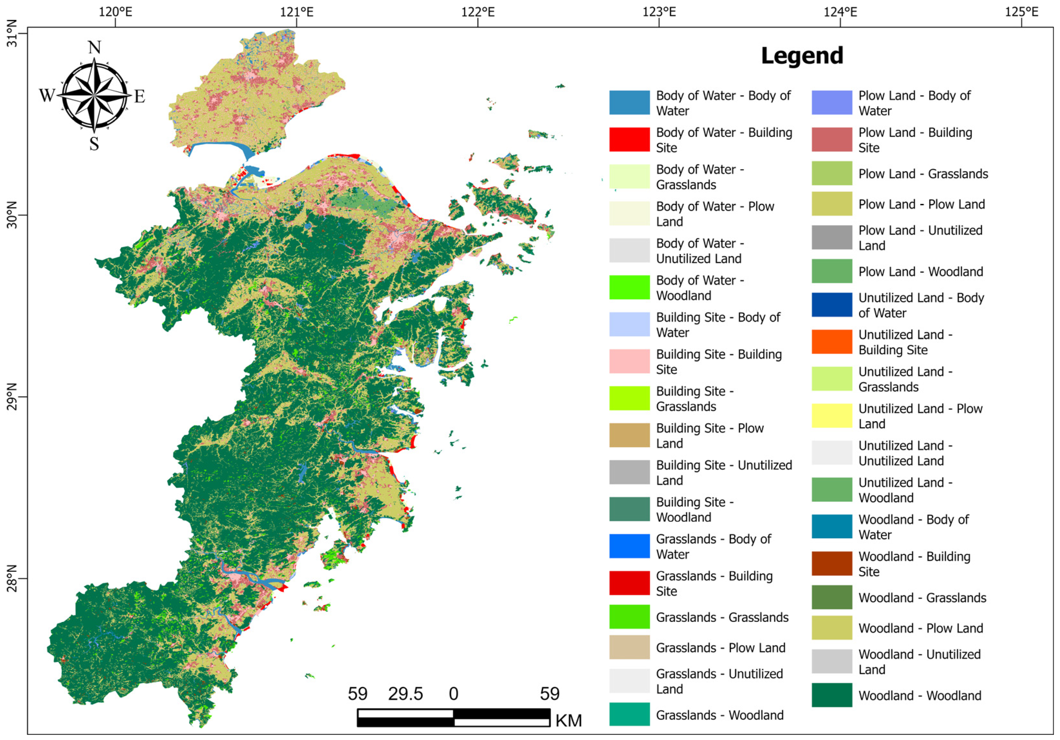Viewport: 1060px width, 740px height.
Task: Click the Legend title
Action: pos(802,56)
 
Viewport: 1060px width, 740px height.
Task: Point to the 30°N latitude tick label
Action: pos(12,215)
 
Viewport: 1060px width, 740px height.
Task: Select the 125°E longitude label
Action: pos(1022,12)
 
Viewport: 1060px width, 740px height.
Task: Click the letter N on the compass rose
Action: pos(94,48)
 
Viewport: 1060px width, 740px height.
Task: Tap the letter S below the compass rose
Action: pos(94,144)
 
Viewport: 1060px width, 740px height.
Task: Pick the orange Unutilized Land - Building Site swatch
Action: pos(832,342)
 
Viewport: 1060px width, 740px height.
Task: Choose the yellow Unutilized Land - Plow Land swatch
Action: pos(832,416)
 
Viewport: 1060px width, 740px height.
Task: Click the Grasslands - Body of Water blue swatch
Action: pos(629,546)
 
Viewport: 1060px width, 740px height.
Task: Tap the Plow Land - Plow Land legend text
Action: pos(922,205)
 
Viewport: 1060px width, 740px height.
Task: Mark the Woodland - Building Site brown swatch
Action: pos(832,563)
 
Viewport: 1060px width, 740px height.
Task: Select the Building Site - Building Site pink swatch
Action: pos(629,361)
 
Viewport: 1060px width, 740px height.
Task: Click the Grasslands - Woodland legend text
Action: pos(720,715)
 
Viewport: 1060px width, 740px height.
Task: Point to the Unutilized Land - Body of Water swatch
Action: pos(832,305)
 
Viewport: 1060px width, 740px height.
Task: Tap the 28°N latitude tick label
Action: pos(12,579)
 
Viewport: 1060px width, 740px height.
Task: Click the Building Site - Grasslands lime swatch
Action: pos(629,398)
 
